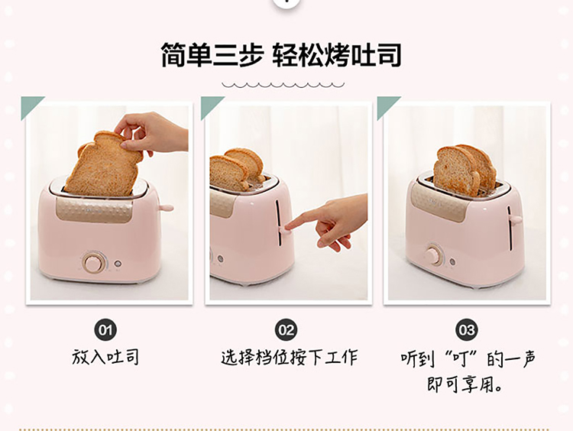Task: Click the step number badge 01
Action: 105,330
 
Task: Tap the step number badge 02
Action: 286,330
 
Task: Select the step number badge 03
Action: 467,330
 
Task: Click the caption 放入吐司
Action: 105,357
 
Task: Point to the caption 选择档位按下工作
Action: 289,357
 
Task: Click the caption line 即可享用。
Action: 465,384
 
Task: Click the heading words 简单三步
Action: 212,55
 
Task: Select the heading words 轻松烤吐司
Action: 337,55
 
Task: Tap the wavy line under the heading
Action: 283,85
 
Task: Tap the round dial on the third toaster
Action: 434,254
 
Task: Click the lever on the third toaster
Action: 516,219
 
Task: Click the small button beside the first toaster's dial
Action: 118,263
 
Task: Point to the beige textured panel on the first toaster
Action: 94,209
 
